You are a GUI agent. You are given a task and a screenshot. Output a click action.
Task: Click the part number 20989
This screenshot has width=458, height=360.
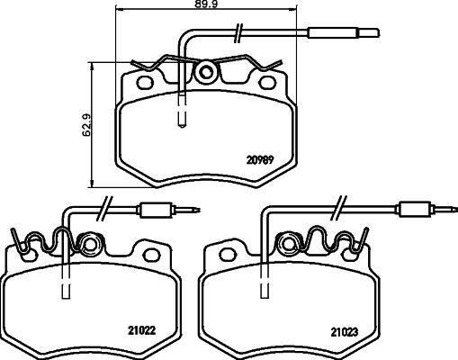point(260,161)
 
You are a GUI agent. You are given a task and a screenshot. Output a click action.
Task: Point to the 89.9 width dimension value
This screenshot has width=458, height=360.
point(238,7)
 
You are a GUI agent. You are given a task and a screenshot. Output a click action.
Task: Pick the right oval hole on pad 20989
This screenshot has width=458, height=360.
point(268,84)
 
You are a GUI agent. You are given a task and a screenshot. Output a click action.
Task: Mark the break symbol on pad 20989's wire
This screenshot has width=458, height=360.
point(237,36)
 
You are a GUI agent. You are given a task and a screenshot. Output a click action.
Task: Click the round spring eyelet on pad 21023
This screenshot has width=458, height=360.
point(290,244)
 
